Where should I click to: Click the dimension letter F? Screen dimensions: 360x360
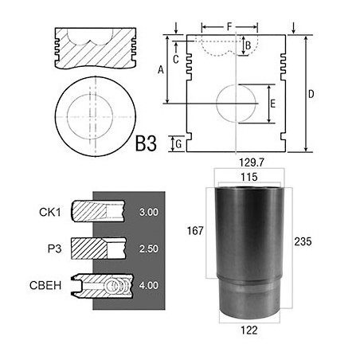229,26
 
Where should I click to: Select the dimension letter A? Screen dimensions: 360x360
161,70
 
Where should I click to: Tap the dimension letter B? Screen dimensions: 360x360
248,45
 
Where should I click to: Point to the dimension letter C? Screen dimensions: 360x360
175,57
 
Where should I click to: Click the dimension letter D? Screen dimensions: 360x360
311,95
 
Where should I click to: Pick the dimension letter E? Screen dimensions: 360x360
273,104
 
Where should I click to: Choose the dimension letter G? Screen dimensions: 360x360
179,144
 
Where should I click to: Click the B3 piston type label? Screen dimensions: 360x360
146,143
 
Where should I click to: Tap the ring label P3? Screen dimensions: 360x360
53,248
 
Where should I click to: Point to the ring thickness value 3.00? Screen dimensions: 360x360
147,213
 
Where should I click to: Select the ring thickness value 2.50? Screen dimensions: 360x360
147,249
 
